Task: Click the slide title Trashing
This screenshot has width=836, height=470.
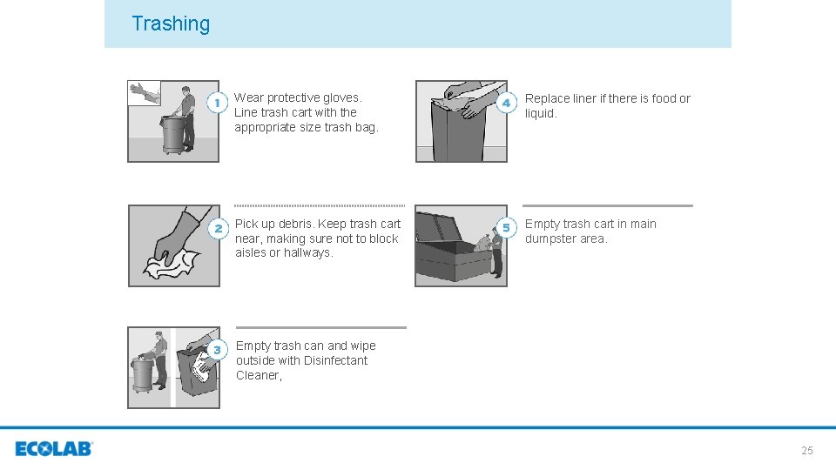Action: (171, 23)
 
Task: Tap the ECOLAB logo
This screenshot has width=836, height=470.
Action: (54, 449)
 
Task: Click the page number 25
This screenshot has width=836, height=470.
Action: (806, 450)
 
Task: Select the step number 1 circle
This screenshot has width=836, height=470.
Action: (217, 103)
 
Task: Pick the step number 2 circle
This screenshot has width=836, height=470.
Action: (217, 228)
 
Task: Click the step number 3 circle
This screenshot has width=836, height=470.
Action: (217, 350)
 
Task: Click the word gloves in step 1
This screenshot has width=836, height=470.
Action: (340, 98)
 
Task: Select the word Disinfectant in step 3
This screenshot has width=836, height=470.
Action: (335, 360)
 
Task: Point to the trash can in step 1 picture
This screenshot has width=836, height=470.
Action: (172, 135)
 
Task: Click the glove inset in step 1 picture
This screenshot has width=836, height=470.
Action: (144, 91)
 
